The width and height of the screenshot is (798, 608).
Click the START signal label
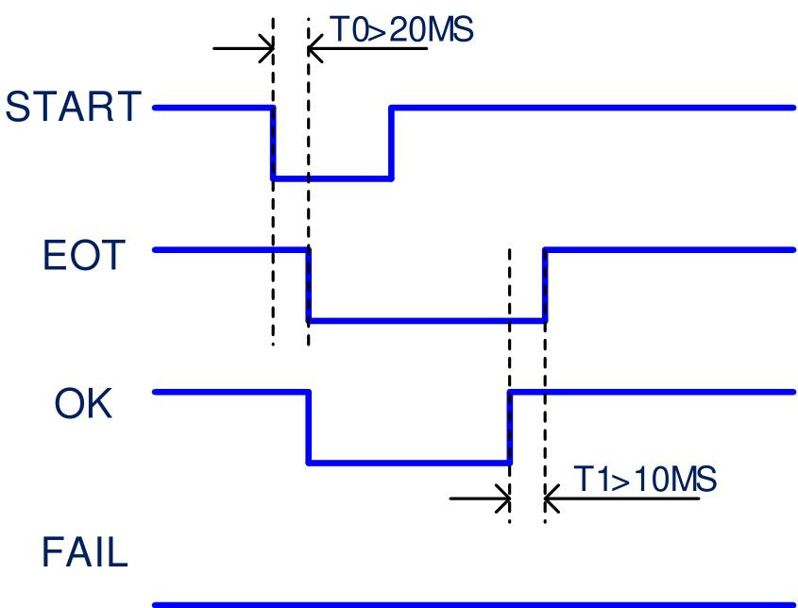(73, 107)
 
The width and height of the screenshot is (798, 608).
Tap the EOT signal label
(83, 255)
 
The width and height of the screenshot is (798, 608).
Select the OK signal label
(83, 403)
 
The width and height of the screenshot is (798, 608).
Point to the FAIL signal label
(84, 552)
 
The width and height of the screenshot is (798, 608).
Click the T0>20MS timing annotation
(402, 29)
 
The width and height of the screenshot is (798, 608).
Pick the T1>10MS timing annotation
(645, 479)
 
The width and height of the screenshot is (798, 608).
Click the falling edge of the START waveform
(273, 143)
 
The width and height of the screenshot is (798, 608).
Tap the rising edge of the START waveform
(391, 143)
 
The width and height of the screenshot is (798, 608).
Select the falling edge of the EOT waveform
(309, 285)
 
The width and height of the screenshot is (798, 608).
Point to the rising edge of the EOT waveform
(545, 285)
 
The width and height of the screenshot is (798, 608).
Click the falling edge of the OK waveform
(309, 428)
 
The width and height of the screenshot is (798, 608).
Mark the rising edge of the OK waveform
(509, 428)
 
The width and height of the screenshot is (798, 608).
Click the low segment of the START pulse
(332, 178)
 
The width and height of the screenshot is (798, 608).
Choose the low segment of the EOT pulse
(427, 321)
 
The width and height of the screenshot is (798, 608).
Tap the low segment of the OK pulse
(409, 463)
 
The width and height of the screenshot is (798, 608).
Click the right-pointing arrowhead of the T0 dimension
(267, 48)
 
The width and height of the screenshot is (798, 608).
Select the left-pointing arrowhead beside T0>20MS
(315, 48)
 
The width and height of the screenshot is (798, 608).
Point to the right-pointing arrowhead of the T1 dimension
(504, 498)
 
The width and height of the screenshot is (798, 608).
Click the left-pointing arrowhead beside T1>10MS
(552, 498)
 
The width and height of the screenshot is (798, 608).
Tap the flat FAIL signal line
(474, 605)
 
